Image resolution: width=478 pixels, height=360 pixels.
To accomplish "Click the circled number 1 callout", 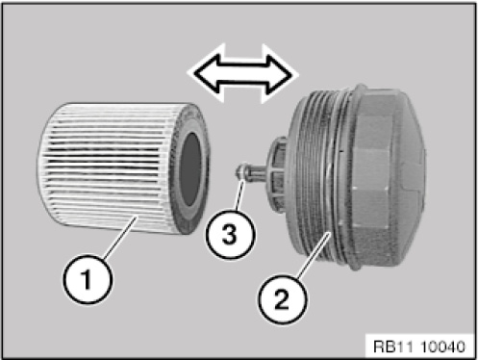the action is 88,279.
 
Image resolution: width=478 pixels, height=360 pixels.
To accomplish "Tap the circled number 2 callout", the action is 282,299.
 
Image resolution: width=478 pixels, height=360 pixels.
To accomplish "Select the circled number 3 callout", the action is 230,233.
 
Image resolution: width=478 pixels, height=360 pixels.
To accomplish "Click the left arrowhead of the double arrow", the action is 205,75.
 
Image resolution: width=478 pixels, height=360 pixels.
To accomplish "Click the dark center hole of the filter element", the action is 190,168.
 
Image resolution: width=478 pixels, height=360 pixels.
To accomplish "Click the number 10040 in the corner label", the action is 441,347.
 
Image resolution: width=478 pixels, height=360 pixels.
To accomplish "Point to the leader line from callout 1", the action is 121,237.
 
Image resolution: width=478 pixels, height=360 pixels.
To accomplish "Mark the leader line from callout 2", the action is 314,255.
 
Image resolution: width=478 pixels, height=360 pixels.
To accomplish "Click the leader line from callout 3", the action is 239,195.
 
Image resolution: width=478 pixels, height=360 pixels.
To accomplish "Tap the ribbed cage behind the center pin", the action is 278,175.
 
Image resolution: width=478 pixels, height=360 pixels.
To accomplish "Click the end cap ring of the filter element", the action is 191,169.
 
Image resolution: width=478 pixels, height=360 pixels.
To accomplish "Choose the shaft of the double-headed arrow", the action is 243,74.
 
